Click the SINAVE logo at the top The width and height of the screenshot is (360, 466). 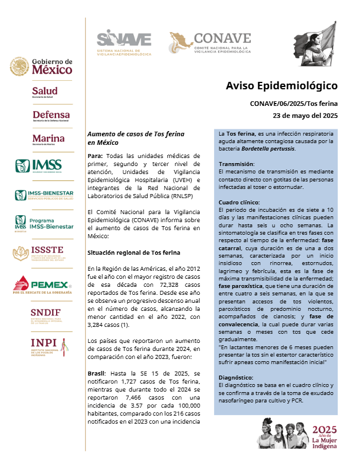click(124, 42)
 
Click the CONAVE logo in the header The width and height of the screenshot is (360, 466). click(210, 43)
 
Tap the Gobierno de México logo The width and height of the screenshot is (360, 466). click(41, 66)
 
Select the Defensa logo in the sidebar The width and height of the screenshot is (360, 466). click(51, 116)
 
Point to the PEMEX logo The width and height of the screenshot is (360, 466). click(43, 284)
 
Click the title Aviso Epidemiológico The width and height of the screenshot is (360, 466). click(282, 86)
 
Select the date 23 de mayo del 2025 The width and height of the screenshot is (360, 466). click(305, 116)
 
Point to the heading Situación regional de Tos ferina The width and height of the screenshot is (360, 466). click(133, 252)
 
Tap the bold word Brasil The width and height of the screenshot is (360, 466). click(96, 372)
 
